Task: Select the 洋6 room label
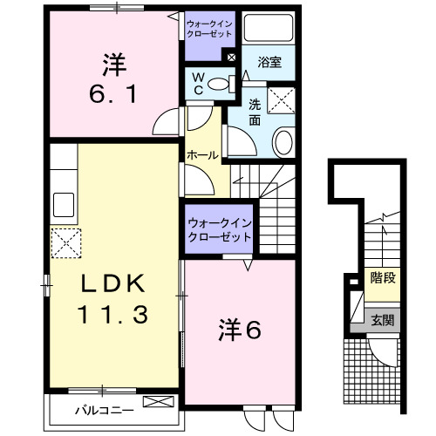[239, 329]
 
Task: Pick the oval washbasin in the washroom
[284, 140]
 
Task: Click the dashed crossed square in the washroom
[283, 100]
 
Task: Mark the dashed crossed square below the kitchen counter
[65, 242]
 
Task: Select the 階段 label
[381, 280]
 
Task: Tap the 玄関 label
[381, 320]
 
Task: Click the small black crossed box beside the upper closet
[230, 58]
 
